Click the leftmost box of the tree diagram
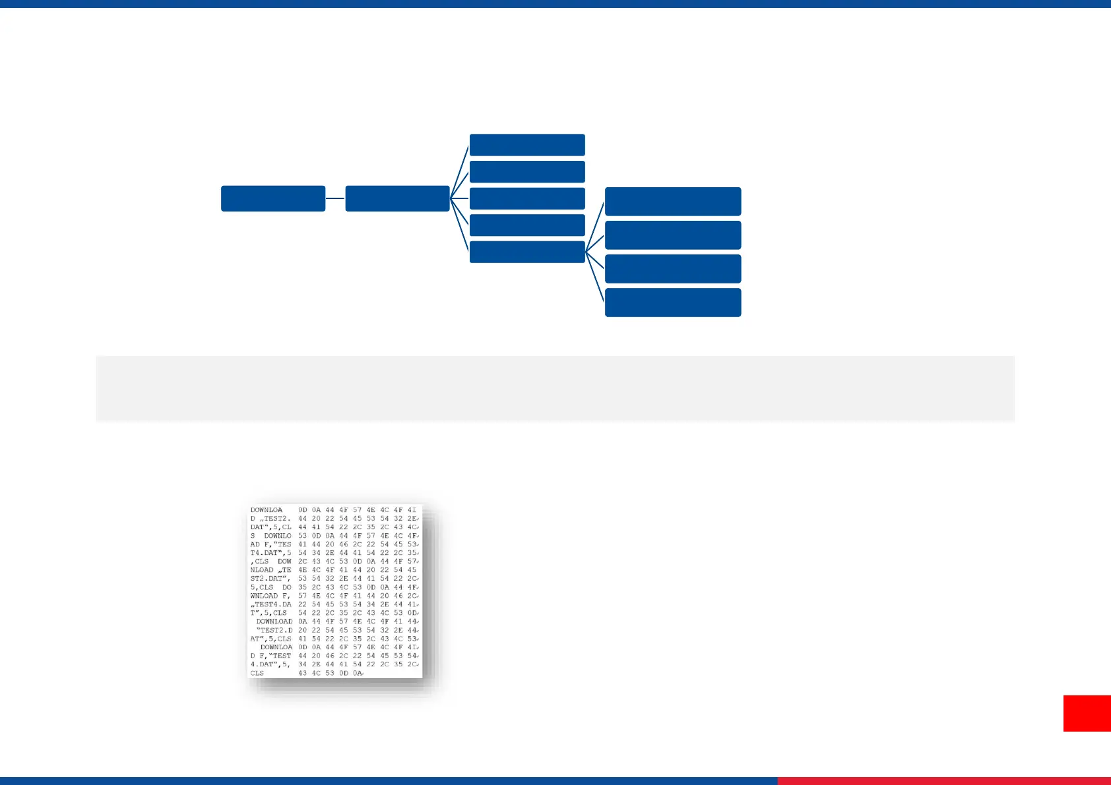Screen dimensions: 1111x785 pyautogui.click(x=272, y=198)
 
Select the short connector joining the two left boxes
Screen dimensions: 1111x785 pyautogui.click(x=335, y=198)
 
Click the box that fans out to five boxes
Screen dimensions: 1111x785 pyautogui.click(x=397, y=198)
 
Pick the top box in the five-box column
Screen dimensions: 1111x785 pyautogui.click(x=527, y=145)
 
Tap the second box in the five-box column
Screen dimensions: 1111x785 pyautogui.click(x=527, y=171)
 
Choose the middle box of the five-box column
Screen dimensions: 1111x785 pyautogui.click(x=527, y=198)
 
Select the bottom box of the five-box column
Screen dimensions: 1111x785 pyautogui.click(x=527, y=252)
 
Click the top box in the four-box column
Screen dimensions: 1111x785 pyautogui.click(x=673, y=201)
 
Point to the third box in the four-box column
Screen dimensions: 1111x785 pyautogui.click(x=673, y=269)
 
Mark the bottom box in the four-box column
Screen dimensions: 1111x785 pyautogui.click(x=673, y=303)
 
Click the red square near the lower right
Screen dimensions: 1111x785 pyautogui.click(x=1087, y=713)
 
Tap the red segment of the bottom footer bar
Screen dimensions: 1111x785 pyautogui.click(x=943, y=781)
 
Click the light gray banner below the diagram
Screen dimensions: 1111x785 pyautogui.click(x=555, y=388)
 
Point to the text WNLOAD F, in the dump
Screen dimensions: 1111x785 pyautogui.click(x=270, y=596)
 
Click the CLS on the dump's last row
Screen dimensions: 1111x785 pyautogui.click(x=257, y=674)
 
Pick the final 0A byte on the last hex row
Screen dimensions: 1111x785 pyautogui.click(x=357, y=674)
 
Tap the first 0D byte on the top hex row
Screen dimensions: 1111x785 pyautogui.click(x=303, y=510)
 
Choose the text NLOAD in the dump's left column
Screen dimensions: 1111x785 pyautogui.click(x=262, y=570)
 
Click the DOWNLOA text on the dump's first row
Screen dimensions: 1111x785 pyautogui.click(x=267, y=510)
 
